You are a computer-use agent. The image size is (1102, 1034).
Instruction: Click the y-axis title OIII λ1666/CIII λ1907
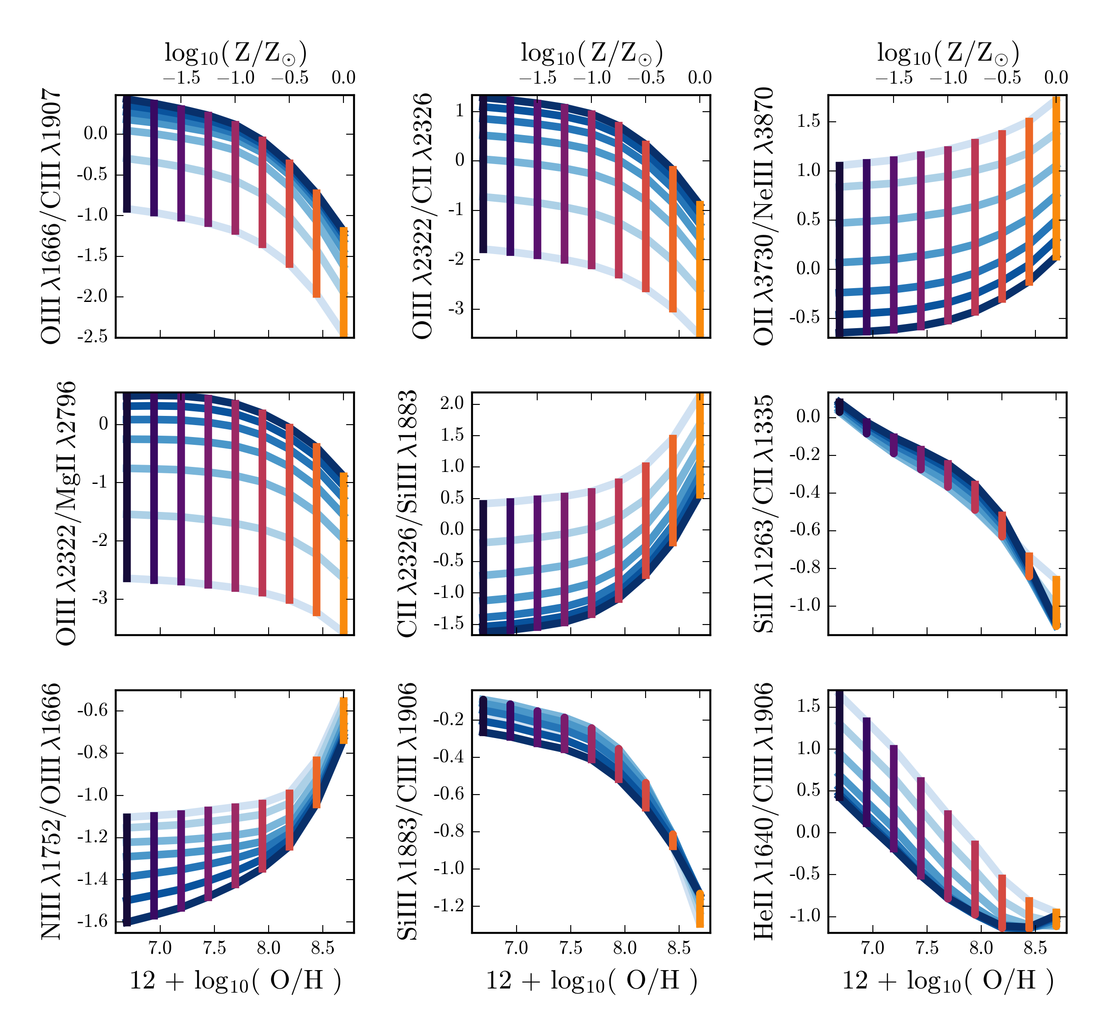[x=51, y=216]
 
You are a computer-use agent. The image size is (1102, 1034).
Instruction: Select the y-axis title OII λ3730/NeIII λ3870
[x=764, y=216]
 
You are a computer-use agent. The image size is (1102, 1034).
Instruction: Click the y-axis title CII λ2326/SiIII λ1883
[x=407, y=514]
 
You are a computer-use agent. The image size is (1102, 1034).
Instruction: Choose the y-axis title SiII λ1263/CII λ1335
[x=764, y=514]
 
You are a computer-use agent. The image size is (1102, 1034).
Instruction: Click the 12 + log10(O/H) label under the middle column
[x=591, y=981]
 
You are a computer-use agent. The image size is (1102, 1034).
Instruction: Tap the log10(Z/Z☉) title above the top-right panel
[x=947, y=53]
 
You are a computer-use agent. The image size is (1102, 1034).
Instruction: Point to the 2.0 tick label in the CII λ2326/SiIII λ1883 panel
[x=452, y=403]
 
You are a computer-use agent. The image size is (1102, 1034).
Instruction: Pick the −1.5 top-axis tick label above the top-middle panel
[x=538, y=78]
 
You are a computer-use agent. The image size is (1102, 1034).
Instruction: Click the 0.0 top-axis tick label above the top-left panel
[x=343, y=78]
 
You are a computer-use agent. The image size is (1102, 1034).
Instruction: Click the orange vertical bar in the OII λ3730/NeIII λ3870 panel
[x=1057, y=177]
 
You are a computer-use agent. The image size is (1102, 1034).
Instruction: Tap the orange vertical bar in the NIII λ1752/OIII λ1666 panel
[x=343, y=720]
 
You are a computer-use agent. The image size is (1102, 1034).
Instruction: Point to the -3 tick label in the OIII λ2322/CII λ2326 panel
[x=457, y=309]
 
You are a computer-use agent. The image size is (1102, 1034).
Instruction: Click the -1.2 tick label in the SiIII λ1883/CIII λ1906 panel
[x=449, y=906]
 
